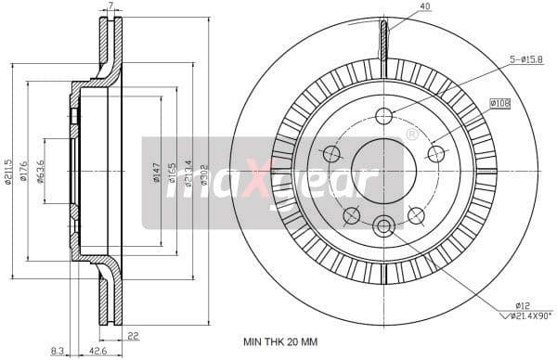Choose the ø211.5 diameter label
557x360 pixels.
(8, 171)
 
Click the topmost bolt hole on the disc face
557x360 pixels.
(383, 116)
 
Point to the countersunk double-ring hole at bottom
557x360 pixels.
(383, 225)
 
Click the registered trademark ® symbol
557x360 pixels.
(411, 135)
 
